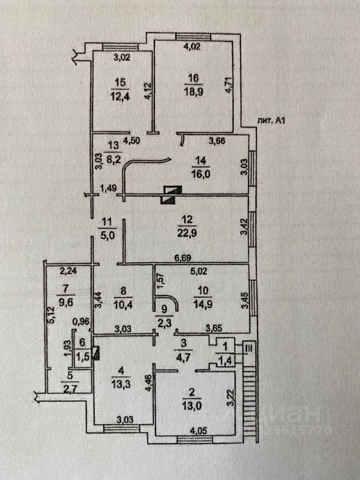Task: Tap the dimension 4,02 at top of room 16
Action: [192, 48]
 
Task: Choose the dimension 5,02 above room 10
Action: [200, 272]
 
